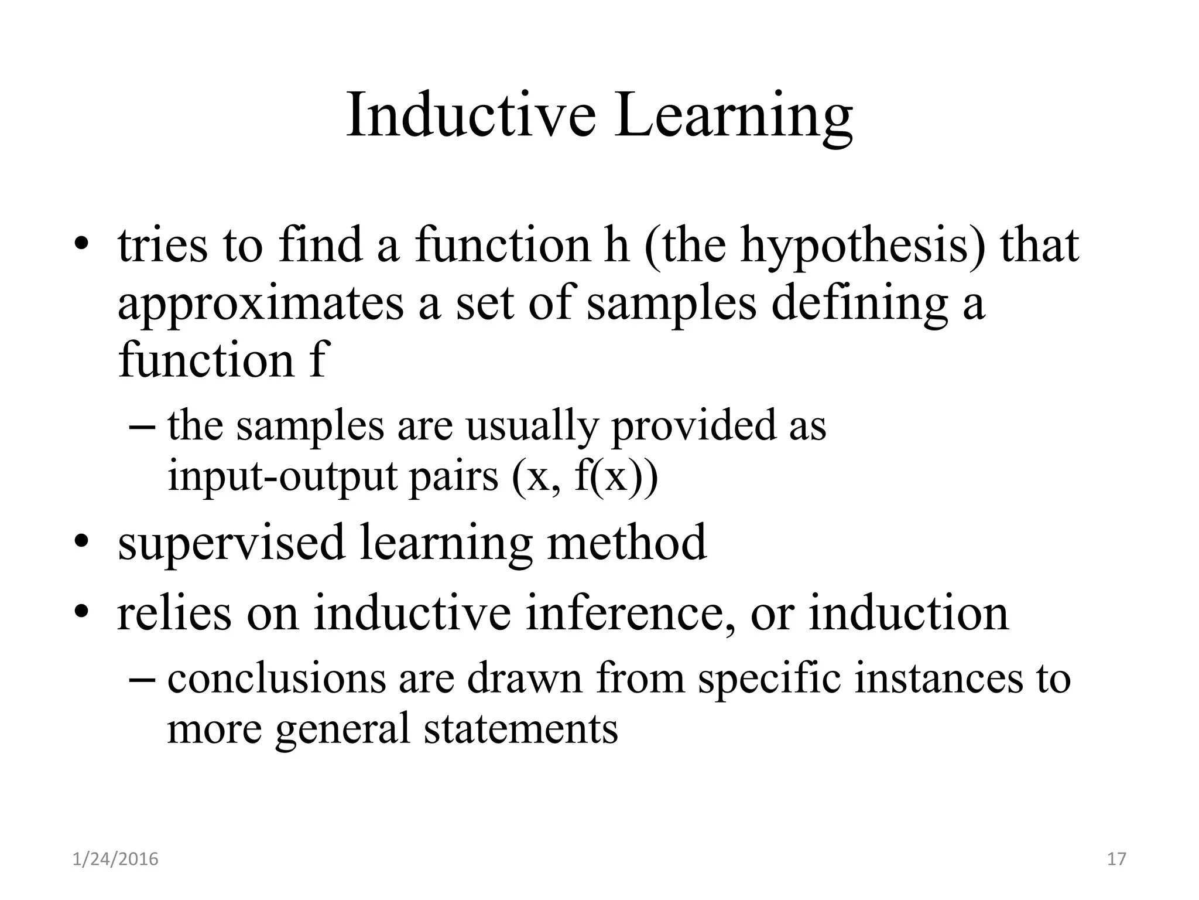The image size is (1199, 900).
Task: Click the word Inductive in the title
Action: [471, 115]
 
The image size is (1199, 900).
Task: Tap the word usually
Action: [531, 426]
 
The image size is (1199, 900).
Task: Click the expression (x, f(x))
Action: [585, 477]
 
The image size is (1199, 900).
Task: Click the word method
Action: [626, 542]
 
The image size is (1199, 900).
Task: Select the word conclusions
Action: [277, 679]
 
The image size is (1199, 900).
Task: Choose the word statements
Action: [520, 729]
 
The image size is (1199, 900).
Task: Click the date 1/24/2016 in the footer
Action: [115, 860]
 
